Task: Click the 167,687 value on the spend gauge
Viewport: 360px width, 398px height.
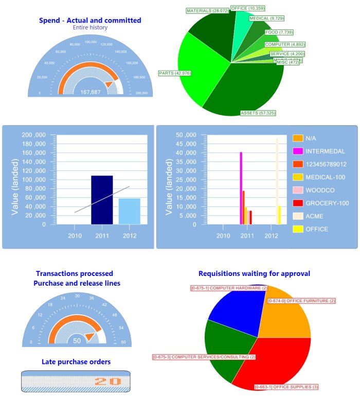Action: pyautogui.click(x=91, y=92)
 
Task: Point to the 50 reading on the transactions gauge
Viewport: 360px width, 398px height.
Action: pyautogui.click(x=77, y=341)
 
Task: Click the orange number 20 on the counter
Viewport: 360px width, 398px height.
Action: pyautogui.click(x=108, y=382)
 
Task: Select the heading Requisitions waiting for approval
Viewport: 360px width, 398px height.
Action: pyautogui.click(x=254, y=273)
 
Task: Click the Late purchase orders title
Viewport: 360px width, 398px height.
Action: pyautogui.click(x=76, y=362)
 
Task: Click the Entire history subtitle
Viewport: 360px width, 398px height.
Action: pyautogui.click(x=90, y=27)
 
